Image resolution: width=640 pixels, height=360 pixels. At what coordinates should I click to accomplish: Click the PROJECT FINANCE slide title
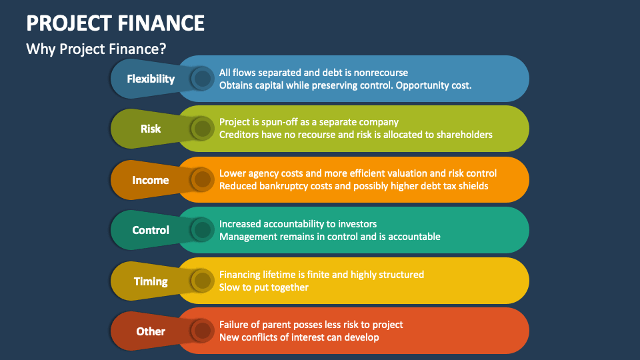tap(115, 23)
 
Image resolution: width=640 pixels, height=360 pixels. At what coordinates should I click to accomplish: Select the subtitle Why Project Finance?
tap(96, 49)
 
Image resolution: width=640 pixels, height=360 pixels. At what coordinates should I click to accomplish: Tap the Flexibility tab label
tap(151, 79)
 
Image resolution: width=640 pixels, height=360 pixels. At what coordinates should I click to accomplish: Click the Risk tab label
tap(151, 129)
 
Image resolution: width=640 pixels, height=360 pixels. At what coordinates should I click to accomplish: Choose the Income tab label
tap(151, 180)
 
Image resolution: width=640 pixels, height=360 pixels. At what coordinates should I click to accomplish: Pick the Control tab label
tap(151, 230)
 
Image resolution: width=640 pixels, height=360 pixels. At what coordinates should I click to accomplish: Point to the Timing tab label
tap(151, 281)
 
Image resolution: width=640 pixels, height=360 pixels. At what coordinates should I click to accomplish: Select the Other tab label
tap(151, 331)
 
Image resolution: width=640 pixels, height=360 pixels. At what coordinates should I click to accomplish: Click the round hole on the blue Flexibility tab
tap(202, 79)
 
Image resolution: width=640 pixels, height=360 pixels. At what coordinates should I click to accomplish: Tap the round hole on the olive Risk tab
tap(202, 129)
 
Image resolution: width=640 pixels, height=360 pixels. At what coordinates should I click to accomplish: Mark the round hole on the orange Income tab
tap(202, 179)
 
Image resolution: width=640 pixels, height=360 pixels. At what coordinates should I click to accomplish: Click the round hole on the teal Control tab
tap(202, 230)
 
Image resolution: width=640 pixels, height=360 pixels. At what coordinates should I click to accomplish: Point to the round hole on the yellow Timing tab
tap(202, 281)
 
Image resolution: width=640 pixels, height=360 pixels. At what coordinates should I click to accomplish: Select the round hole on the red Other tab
tap(202, 331)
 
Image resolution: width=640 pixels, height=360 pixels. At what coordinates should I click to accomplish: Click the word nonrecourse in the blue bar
tap(381, 73)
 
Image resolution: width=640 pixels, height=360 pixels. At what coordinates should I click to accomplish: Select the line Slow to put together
tap(264, 287)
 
